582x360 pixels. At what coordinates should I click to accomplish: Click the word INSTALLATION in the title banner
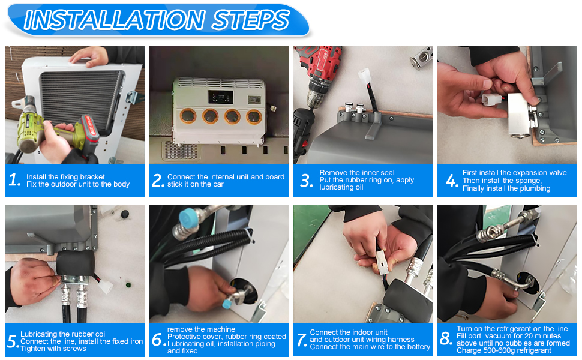click(x=115, y=20)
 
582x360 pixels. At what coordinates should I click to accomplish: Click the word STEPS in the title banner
click(x=251, y=20)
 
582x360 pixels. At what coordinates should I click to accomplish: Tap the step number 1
click(x=14, y=180)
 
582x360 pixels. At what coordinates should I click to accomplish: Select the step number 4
click(x=452, y=181)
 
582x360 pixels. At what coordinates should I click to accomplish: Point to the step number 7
click(x=301, y=340)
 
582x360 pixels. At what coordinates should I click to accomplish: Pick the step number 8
click(x=446, y=338)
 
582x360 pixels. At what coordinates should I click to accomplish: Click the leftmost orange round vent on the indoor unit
click(x=188, y=116)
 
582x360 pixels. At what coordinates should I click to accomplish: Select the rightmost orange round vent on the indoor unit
click(x=254, y=117)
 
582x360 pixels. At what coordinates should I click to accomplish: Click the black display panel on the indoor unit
click(x=221, y=97)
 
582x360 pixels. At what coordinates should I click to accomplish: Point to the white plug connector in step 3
click(x=364, y=76)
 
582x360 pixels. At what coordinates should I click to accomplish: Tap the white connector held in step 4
click(x=491, y=99)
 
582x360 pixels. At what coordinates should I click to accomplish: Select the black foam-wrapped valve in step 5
click(x=76, y=263)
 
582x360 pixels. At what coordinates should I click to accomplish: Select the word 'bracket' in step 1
click(x=92, y=176)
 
